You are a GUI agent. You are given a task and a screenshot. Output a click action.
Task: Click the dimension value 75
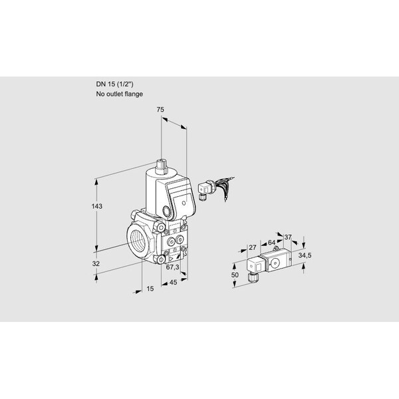pos(160,110)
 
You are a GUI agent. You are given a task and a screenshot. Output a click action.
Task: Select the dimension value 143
pos(97,206)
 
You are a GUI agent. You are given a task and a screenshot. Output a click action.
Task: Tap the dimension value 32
pos(96,263)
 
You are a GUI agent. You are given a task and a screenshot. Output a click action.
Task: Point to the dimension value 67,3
pos(172,267)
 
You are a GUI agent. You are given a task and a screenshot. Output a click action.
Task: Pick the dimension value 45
pos(173,282)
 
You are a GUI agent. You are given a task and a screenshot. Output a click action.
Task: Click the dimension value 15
pos(150,289)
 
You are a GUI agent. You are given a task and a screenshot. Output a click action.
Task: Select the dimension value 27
pos(253,247)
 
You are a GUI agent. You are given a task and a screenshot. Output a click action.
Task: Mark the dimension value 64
pos(271,243)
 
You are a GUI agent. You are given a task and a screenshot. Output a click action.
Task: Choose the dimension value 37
pos(287,237)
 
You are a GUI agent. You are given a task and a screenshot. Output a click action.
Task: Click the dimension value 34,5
pos(305,255)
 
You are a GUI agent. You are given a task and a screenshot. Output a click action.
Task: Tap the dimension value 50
pos(235,275)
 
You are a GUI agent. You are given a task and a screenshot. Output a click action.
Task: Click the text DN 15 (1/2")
pos(114,84)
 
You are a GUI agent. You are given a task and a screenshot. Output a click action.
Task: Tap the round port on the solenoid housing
pos(167,211)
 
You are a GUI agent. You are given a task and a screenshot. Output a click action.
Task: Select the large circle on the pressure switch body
pos(275,263)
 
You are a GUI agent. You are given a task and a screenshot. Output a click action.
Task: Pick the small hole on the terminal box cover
pos(184,203)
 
